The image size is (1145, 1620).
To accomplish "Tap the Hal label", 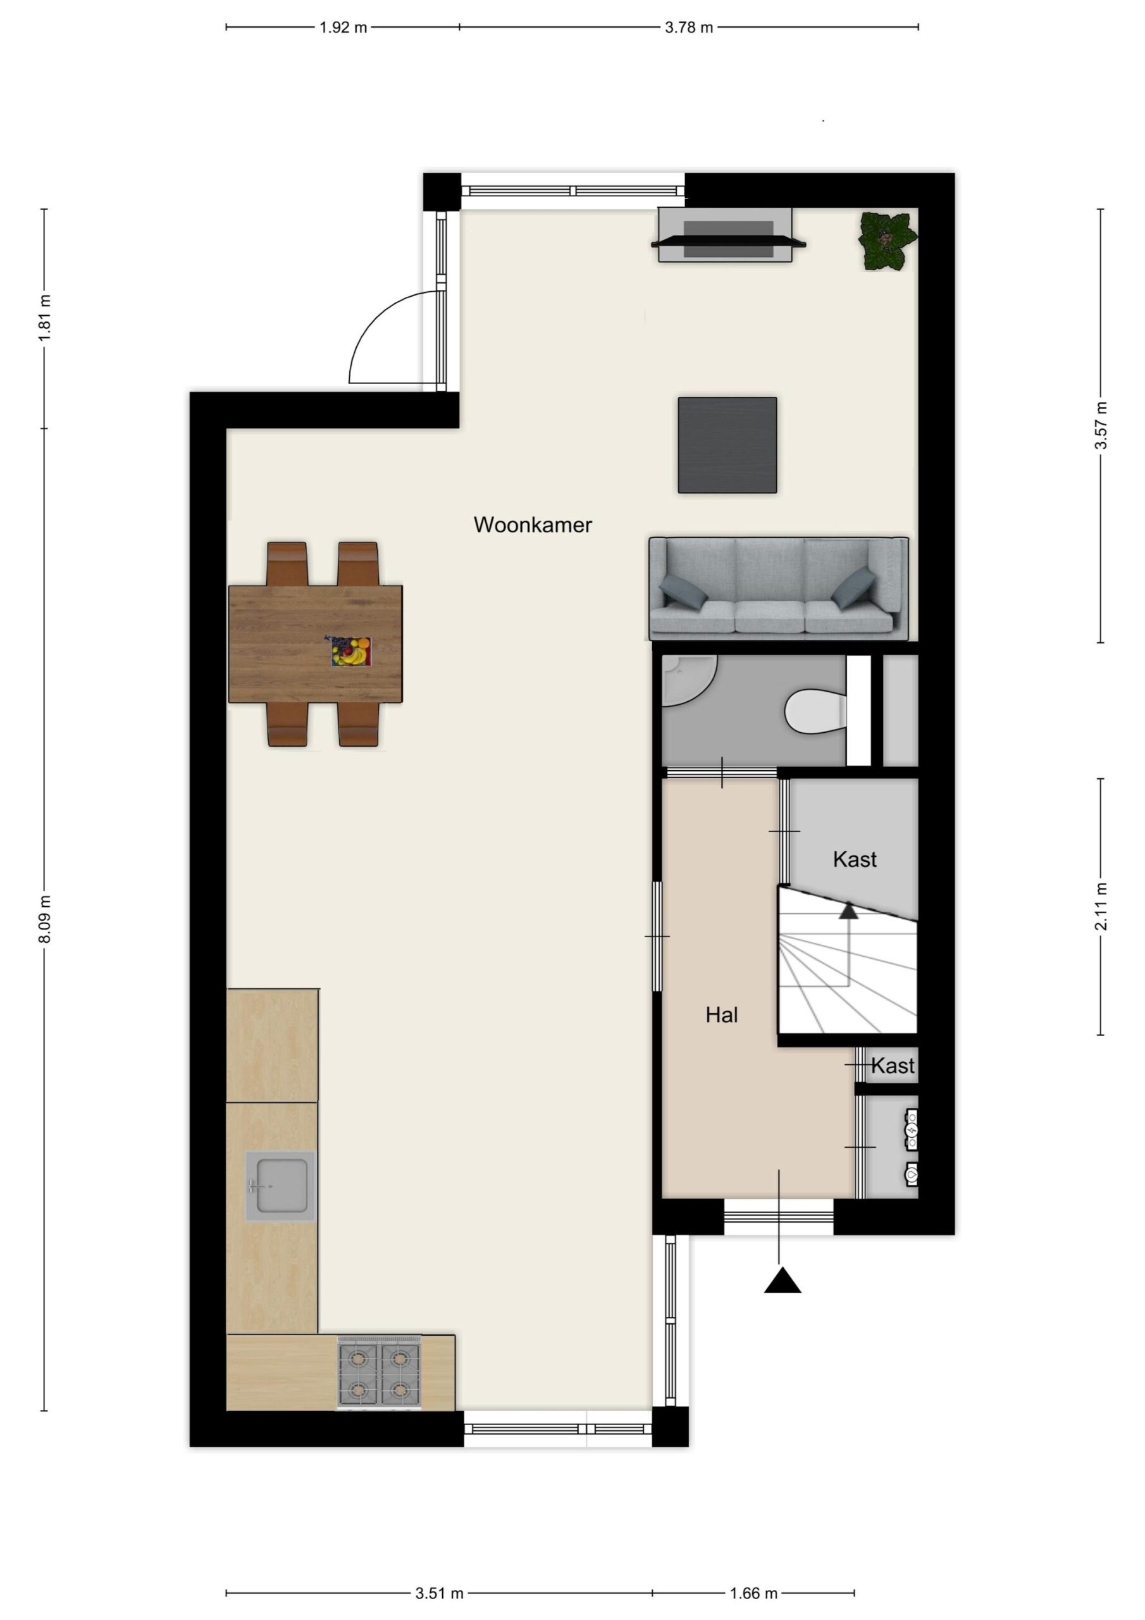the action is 722,1014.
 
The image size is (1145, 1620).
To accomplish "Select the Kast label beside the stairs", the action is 855,859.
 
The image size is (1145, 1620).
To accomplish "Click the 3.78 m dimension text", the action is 688,27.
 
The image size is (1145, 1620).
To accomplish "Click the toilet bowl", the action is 815,711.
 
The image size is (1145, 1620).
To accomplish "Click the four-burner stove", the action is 380,1373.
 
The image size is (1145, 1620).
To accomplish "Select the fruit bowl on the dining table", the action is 351,651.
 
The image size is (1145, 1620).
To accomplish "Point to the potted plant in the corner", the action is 888,241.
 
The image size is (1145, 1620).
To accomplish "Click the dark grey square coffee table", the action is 727,445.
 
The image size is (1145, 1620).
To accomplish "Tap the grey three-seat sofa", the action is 779,589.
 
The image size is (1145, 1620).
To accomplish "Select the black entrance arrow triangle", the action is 783,1280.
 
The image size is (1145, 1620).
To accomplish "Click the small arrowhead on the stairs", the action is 848,911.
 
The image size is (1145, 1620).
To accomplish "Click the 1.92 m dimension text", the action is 343,27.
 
